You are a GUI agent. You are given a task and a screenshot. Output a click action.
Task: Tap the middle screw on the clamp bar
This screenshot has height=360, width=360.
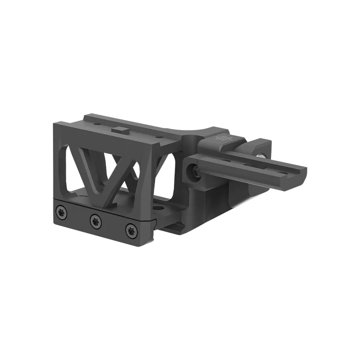click(x=94, y=221)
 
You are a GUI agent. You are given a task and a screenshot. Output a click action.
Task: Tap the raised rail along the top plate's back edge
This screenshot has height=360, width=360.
click(x=135, y=114)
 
